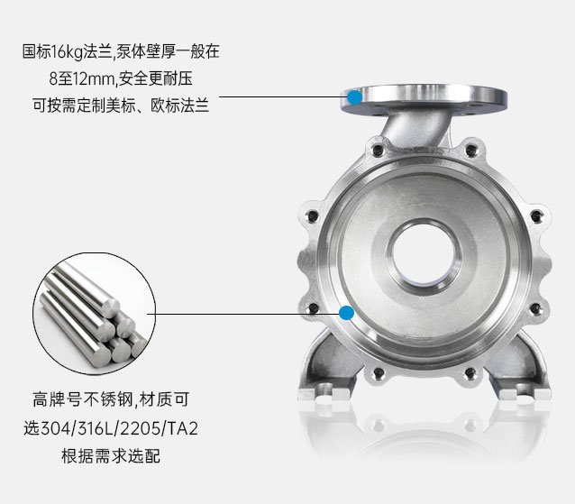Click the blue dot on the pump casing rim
point(345,313)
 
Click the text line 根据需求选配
point(110,455)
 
